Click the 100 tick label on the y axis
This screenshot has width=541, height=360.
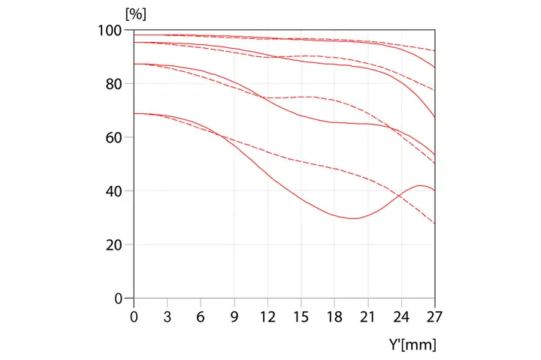110,30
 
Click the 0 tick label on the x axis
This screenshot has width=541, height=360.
134,316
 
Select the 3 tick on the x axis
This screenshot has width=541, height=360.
168,316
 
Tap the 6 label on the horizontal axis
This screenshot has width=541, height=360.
201,316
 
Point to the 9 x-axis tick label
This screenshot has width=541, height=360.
234,316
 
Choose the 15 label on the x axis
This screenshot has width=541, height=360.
301,316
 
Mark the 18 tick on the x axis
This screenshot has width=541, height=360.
334,316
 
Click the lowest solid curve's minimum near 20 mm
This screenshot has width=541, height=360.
352,218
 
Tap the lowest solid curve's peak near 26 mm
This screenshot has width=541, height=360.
422,185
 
